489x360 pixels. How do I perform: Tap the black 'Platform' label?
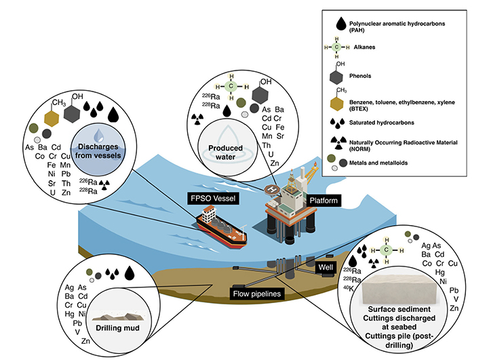point(320,201)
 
